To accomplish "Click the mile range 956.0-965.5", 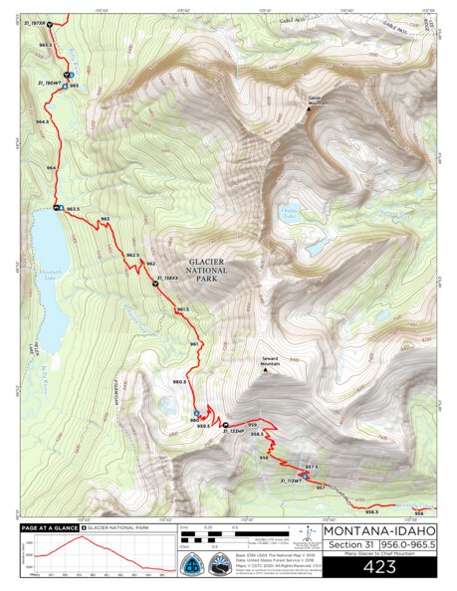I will tap(408, 544).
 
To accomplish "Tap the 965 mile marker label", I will tap(74, 86).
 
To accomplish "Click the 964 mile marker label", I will tap(51, 167).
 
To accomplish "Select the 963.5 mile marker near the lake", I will tap(72, 210).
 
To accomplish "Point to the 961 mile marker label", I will tap(194, 344).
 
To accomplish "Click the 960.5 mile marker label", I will tap(179, 381).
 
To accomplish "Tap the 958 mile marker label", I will tap(264, 458).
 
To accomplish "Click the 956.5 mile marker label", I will tap(371, 511).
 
